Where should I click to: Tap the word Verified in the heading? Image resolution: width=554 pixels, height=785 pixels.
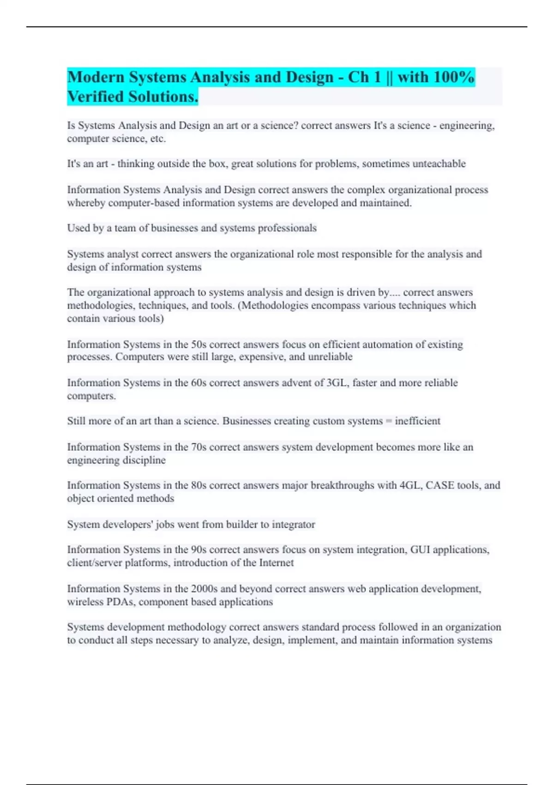(96, 97)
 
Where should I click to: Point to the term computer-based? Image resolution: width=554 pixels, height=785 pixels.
(144, 203)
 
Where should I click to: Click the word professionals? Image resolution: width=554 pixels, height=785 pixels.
(287, 228)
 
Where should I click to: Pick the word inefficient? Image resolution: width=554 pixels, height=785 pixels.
(417, 421)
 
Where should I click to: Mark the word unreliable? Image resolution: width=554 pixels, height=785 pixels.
(330, 357)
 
